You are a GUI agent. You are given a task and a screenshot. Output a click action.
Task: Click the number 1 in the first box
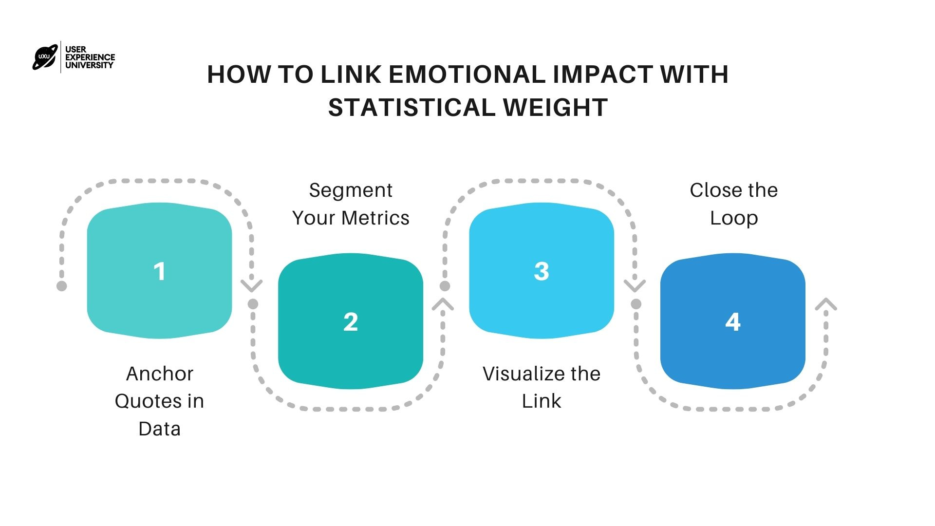[x=159, y=271]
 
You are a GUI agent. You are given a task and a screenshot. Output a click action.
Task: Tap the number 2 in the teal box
[x=351, y=322]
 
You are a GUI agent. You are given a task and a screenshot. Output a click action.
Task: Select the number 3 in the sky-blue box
[x=542, y=271]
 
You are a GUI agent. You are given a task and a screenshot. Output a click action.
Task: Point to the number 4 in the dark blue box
[x=733, y=322]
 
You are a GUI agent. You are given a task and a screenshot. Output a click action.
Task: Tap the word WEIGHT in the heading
[x=555, y=108]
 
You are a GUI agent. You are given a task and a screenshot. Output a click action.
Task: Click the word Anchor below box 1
[x=160, y=374]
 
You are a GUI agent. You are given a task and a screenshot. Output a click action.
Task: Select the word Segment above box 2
[x=351, y=190]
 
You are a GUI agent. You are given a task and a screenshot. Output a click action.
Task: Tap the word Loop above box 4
[x=734, y=218]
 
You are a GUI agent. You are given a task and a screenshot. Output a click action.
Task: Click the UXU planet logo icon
[x=45, y=57]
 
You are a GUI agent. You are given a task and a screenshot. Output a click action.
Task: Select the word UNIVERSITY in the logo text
[x=89, y=65]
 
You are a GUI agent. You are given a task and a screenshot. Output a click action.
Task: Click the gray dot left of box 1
[x=61, y=286]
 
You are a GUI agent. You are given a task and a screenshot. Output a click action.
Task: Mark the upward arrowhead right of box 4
[x=826, y=304]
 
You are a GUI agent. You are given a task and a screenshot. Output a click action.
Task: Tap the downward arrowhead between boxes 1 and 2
[x=252, y=285]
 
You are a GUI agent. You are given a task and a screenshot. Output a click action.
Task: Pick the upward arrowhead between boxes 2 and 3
[x=443, y=304]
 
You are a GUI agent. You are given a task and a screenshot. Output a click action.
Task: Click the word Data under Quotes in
[x=159, y=429]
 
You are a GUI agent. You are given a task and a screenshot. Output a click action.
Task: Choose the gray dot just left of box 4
[x=636, y=304]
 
